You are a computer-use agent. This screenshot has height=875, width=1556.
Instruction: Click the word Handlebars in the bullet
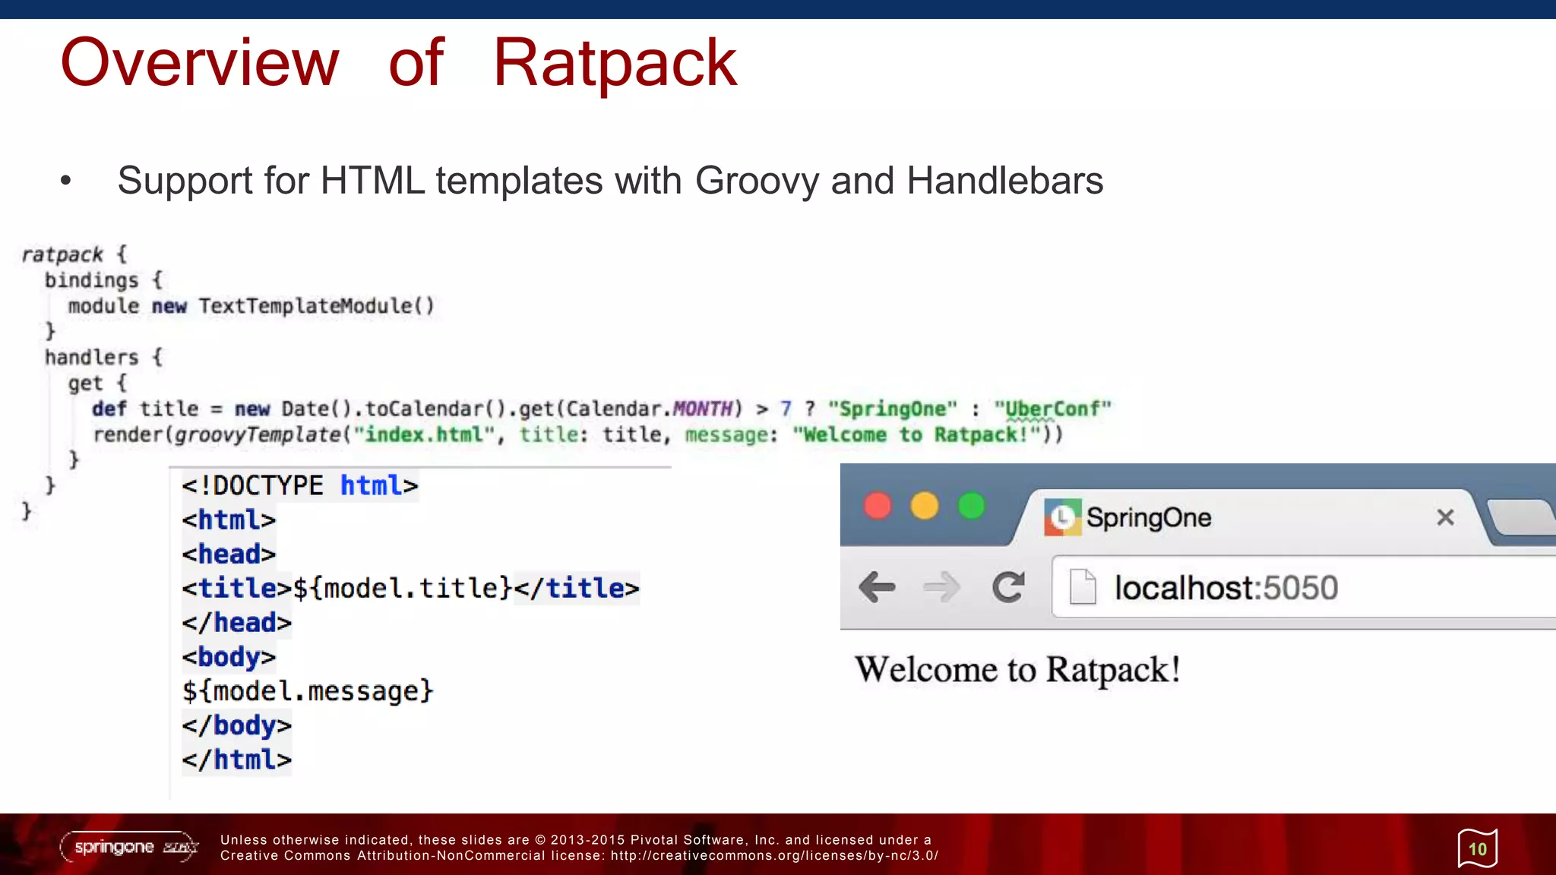(1004, 181)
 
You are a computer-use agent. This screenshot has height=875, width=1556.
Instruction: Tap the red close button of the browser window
(878, 506)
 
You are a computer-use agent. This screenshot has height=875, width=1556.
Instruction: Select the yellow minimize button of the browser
(925, 506)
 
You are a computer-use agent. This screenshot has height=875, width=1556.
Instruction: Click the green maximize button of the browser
(972, 506)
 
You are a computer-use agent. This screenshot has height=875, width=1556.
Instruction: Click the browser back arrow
(877, 587)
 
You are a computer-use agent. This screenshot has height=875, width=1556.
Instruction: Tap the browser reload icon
(1008, 587)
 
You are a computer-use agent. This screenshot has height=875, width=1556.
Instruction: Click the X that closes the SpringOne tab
(1445, 518)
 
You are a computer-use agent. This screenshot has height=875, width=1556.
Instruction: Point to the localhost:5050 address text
(1226, 588)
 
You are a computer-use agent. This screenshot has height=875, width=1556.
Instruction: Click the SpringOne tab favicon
(1062, 517)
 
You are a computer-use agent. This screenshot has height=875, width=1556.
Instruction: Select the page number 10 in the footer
(1478, 849)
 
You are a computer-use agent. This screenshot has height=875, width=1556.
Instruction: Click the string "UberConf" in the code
(1052, 409)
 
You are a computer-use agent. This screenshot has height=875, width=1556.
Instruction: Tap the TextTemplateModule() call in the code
(316, 306)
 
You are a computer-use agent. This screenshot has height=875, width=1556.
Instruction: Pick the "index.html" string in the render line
(424, 435)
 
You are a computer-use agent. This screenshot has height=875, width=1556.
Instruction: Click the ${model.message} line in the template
(307, 691)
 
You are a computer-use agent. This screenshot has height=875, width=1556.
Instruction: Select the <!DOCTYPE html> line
(299, 485)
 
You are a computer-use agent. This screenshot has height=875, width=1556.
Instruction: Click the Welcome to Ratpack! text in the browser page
(1017, 670)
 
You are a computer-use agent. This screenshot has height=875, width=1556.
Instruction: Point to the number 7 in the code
(786, 409)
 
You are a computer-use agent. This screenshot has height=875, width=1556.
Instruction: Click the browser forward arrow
(941, 587)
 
